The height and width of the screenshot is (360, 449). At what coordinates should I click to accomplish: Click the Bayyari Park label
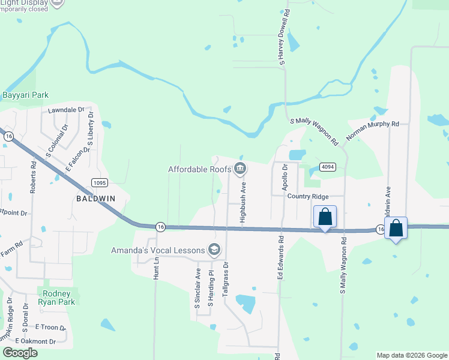tap(25, 95)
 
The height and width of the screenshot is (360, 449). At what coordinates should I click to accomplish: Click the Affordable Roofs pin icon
tap(240, 169)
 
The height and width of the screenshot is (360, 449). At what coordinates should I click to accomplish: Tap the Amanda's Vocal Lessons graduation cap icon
tap(213, 250)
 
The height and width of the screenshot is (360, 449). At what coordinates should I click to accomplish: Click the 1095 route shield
tap(100, 182)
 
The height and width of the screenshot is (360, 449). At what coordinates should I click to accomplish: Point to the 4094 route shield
tap(327, 167)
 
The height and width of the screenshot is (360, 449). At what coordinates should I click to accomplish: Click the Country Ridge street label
tap(307, 197)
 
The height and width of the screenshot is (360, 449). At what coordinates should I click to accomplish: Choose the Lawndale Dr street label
tap(67, 110)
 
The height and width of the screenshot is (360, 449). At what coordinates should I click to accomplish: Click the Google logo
tap(20, 353)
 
